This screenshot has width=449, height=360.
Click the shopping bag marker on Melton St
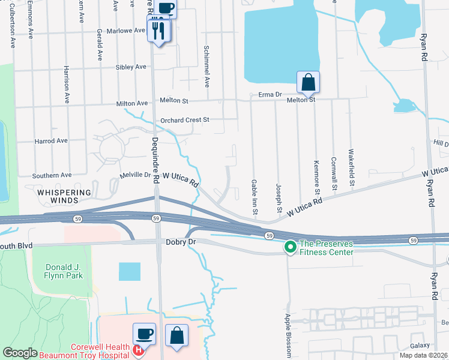pyautogui.click(x=307, y=83)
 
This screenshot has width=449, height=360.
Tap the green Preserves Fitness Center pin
pyautogui.click(x=291, y=247)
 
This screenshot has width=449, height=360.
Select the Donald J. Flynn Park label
pyautogui.click(x=58, y=271)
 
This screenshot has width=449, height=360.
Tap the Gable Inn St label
pyautogui.click(x=255, y=196)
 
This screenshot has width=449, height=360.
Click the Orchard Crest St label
pyautogui.click(x=184, y=120)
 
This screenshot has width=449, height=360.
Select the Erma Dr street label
pyautogui.click(x=270, y=95)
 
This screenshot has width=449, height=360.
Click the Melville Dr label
pyautogui.click(x=135, y=175)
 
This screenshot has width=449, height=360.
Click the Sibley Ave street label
pyautogui.click(x=132, y=67)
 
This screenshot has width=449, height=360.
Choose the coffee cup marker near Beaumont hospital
pyautogui.click(x=145, y=334)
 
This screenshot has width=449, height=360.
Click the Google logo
pyautogui.click(x=20, y=353)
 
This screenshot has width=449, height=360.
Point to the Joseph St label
pyautogui.click(x=279, y=197)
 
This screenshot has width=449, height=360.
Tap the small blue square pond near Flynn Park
pyautogui.click(x=129, y=271)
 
